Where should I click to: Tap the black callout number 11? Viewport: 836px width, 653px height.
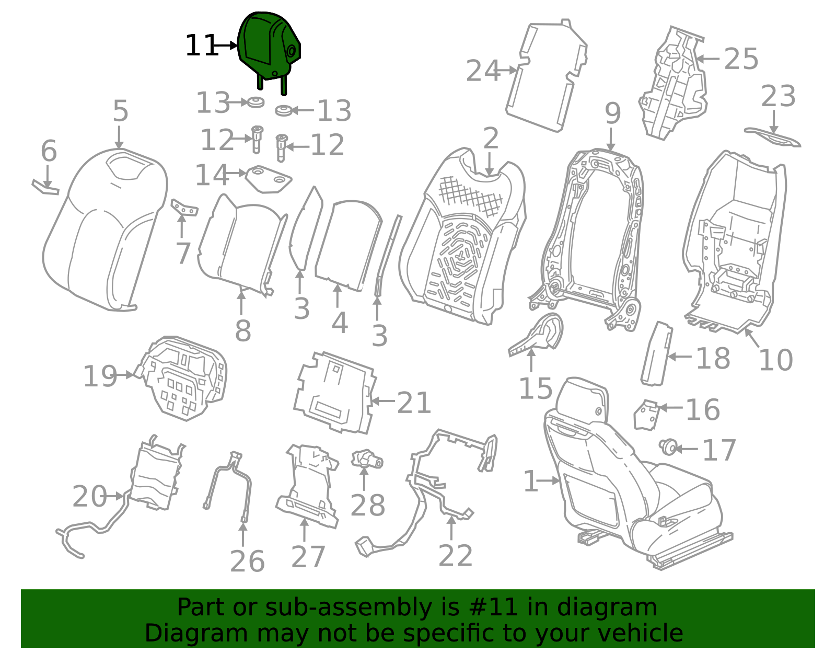tap(202, 45)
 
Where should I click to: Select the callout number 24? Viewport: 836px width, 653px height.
tap(483, 71)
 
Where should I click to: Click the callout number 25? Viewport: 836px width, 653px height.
tap(741, 59)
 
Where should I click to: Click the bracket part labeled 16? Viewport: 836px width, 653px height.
tap(647, 415)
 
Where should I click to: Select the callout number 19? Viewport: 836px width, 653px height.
tap(100, 376)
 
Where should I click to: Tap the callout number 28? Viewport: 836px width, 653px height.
tap(367, 505)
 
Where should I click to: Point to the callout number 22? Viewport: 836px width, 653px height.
tap(456, 555)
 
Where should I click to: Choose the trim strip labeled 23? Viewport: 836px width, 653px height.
tap(773, 138)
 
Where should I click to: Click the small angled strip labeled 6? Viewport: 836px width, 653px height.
tap(45, 187)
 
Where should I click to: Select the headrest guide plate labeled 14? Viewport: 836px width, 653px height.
tap(269, 179)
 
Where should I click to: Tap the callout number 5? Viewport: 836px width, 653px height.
tap(120, 111)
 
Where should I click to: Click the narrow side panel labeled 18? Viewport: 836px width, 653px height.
tap(656, 353)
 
